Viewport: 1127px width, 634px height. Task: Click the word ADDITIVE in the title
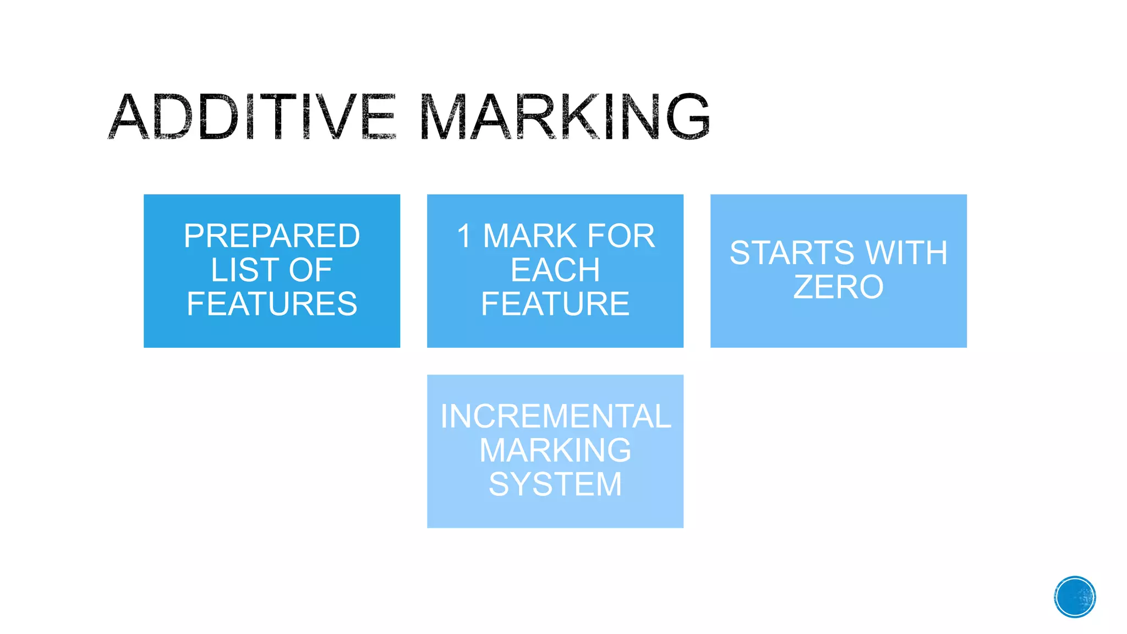tap(252, 117)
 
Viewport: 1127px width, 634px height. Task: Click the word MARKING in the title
tap(565, 117)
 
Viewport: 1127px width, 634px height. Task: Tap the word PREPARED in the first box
tap(272, 236)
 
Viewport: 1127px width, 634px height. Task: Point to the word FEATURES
tap(272, 304)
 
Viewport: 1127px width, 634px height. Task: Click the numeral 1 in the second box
tap(464, 236)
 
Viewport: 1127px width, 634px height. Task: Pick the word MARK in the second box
tap(530, 236)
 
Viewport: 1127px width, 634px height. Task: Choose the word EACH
tap(555, 270)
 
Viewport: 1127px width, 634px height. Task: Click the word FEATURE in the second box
tap(555, 304)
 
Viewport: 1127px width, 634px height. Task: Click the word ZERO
tap(838, 287)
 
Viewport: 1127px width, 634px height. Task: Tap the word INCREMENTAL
tap(555, 417)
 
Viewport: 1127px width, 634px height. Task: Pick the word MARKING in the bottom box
tap(555, 450)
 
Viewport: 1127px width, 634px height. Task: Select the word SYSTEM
tap(555, 484)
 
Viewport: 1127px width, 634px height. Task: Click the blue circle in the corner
tap(1075, 597)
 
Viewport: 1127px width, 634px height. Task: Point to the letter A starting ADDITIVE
tap(129, 117)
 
